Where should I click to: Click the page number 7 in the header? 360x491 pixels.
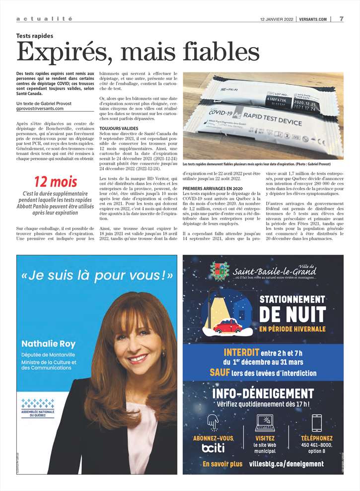[342, 19]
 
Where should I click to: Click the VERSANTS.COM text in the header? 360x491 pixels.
[313, 19]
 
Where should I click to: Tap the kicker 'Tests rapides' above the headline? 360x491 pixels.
[35, 36]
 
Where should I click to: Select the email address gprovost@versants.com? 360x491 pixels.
[44, 108]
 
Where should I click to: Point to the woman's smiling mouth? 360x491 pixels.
[138, 358]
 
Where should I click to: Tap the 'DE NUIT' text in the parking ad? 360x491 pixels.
[292, 314]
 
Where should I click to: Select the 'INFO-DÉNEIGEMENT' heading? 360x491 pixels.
[263, 394]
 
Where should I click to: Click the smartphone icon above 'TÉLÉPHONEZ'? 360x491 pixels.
[316, 423]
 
